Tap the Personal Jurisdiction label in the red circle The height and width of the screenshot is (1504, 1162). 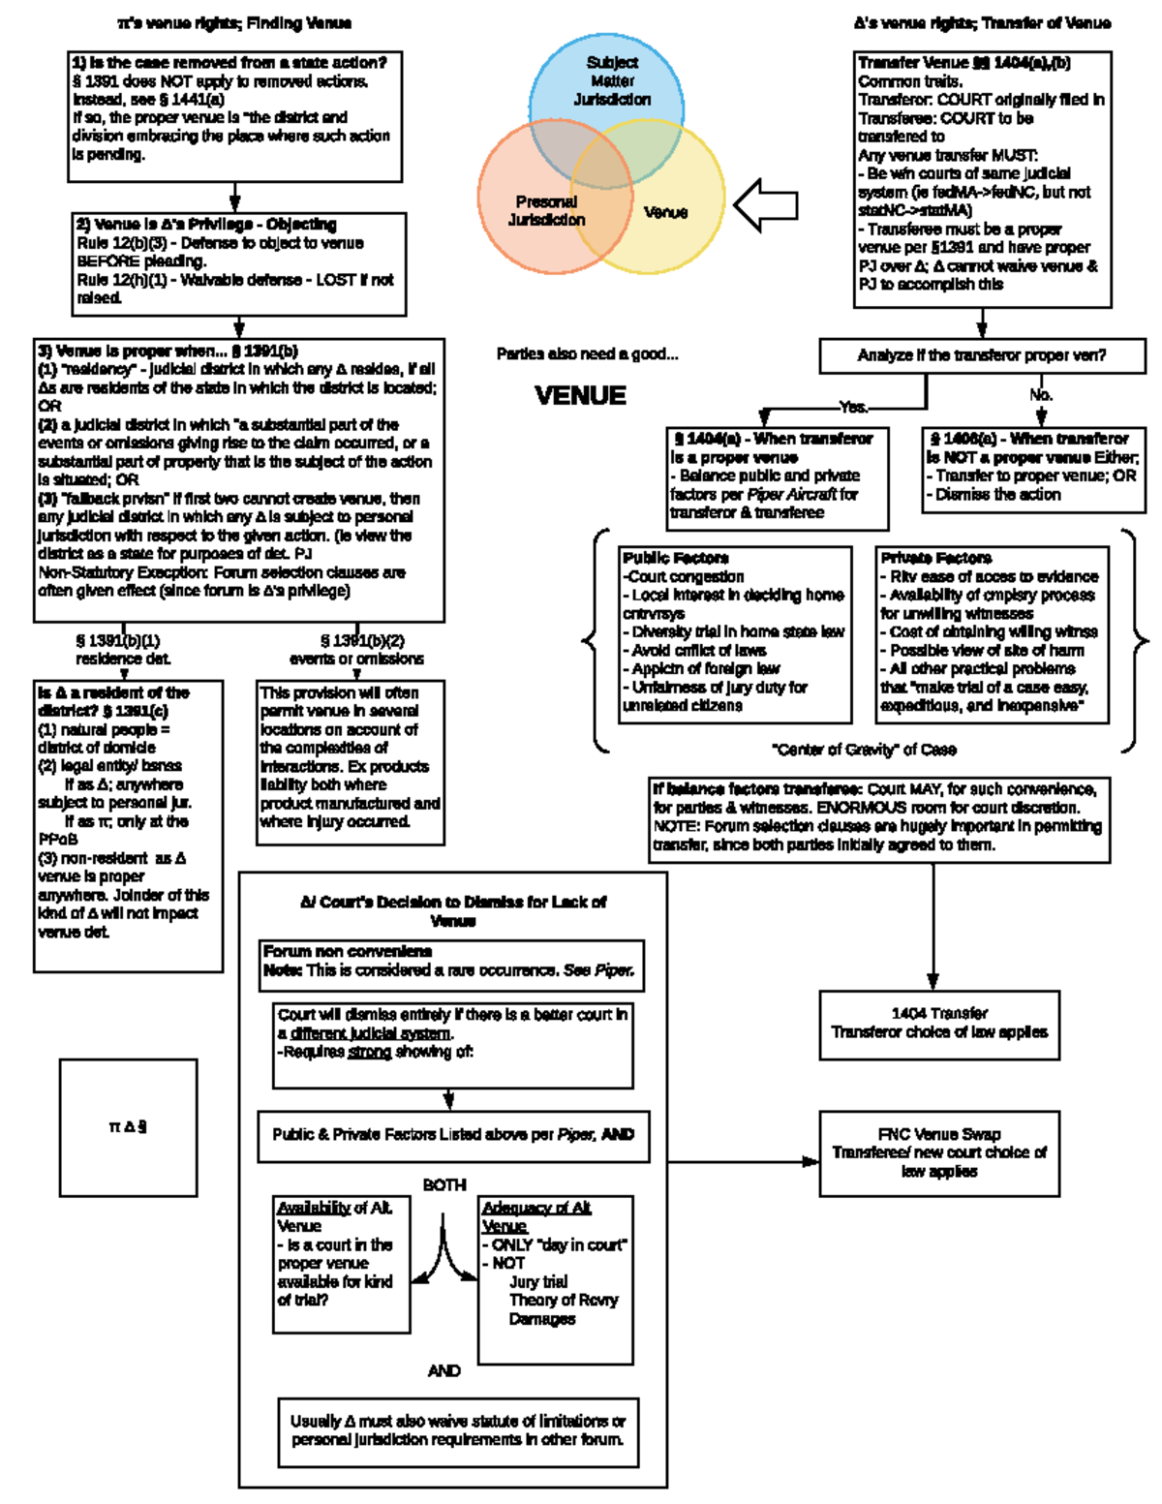coord(546,211)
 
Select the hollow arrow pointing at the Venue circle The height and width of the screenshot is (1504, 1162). coord(765,204)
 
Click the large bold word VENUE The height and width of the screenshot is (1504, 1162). coord(580,395)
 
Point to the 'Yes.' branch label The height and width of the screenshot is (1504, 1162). coord(853,407)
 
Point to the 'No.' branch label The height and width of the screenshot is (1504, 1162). coord(1041,394)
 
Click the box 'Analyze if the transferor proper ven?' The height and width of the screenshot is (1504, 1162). coord(981,355)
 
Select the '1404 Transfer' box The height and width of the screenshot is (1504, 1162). coord(938,1023)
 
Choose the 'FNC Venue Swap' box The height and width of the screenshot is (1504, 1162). coord(938,1152)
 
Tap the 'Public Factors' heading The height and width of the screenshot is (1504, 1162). coord(676,558)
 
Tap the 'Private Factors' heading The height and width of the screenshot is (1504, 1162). coord(935,558)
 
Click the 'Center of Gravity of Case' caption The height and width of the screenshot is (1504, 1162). coord(864,749)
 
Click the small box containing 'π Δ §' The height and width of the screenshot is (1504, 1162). coord(128,1126)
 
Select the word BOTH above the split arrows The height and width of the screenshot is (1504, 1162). coord(443,1184)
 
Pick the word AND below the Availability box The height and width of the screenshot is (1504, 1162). coord(443,1370)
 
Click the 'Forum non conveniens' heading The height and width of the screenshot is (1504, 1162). coord(348,951)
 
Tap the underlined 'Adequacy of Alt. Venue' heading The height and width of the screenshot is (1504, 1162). coord(536,1216)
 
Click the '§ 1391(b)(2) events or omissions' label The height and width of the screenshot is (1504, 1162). coord(356,649)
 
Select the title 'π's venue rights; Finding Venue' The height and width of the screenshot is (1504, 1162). coord(234,22)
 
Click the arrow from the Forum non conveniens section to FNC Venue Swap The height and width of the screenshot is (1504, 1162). coord(742,1161)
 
